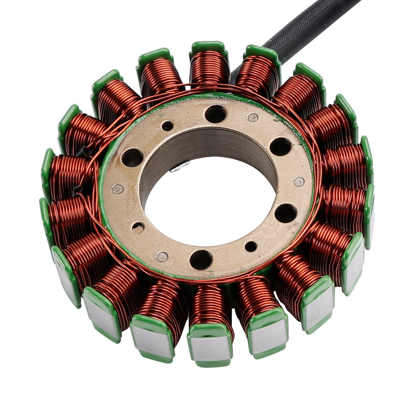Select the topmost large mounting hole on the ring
215,114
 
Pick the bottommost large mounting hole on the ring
201,260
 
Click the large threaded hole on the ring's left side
133,158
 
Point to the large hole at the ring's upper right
280,147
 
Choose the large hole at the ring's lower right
286,213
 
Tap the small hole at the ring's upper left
167,126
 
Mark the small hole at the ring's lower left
138,227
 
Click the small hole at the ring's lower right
251,247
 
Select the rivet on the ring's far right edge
299,182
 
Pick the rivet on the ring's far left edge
118,189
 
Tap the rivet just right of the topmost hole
252,117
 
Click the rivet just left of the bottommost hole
162,257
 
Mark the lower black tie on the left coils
78,190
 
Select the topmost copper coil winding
209,66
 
